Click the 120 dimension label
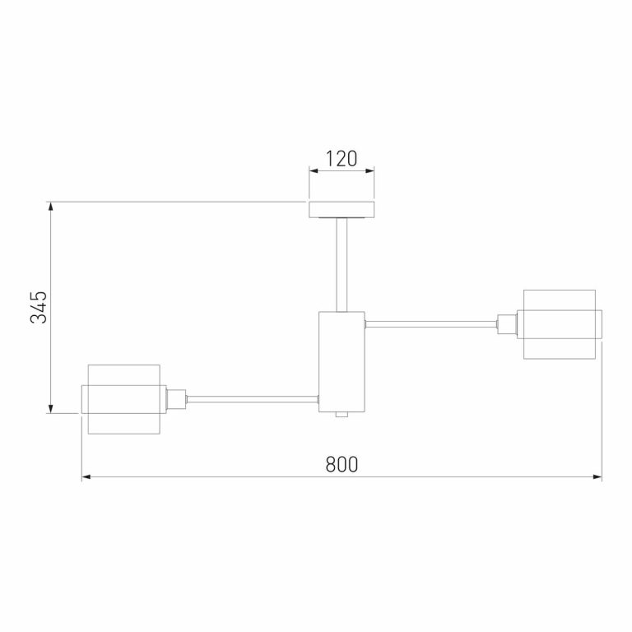[x=342, y=158]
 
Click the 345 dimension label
[x=39, y=307]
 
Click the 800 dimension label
[x=342, y=464]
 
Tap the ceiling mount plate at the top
[x=342, y=210]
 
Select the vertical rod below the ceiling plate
[x=342, y=264]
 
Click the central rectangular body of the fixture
[x=342, y=361]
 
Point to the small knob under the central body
[x=342, y=415]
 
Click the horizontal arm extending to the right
[x=431, y=324]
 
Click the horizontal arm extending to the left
[x=253, y=399]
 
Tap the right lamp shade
[x=559, y=324]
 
